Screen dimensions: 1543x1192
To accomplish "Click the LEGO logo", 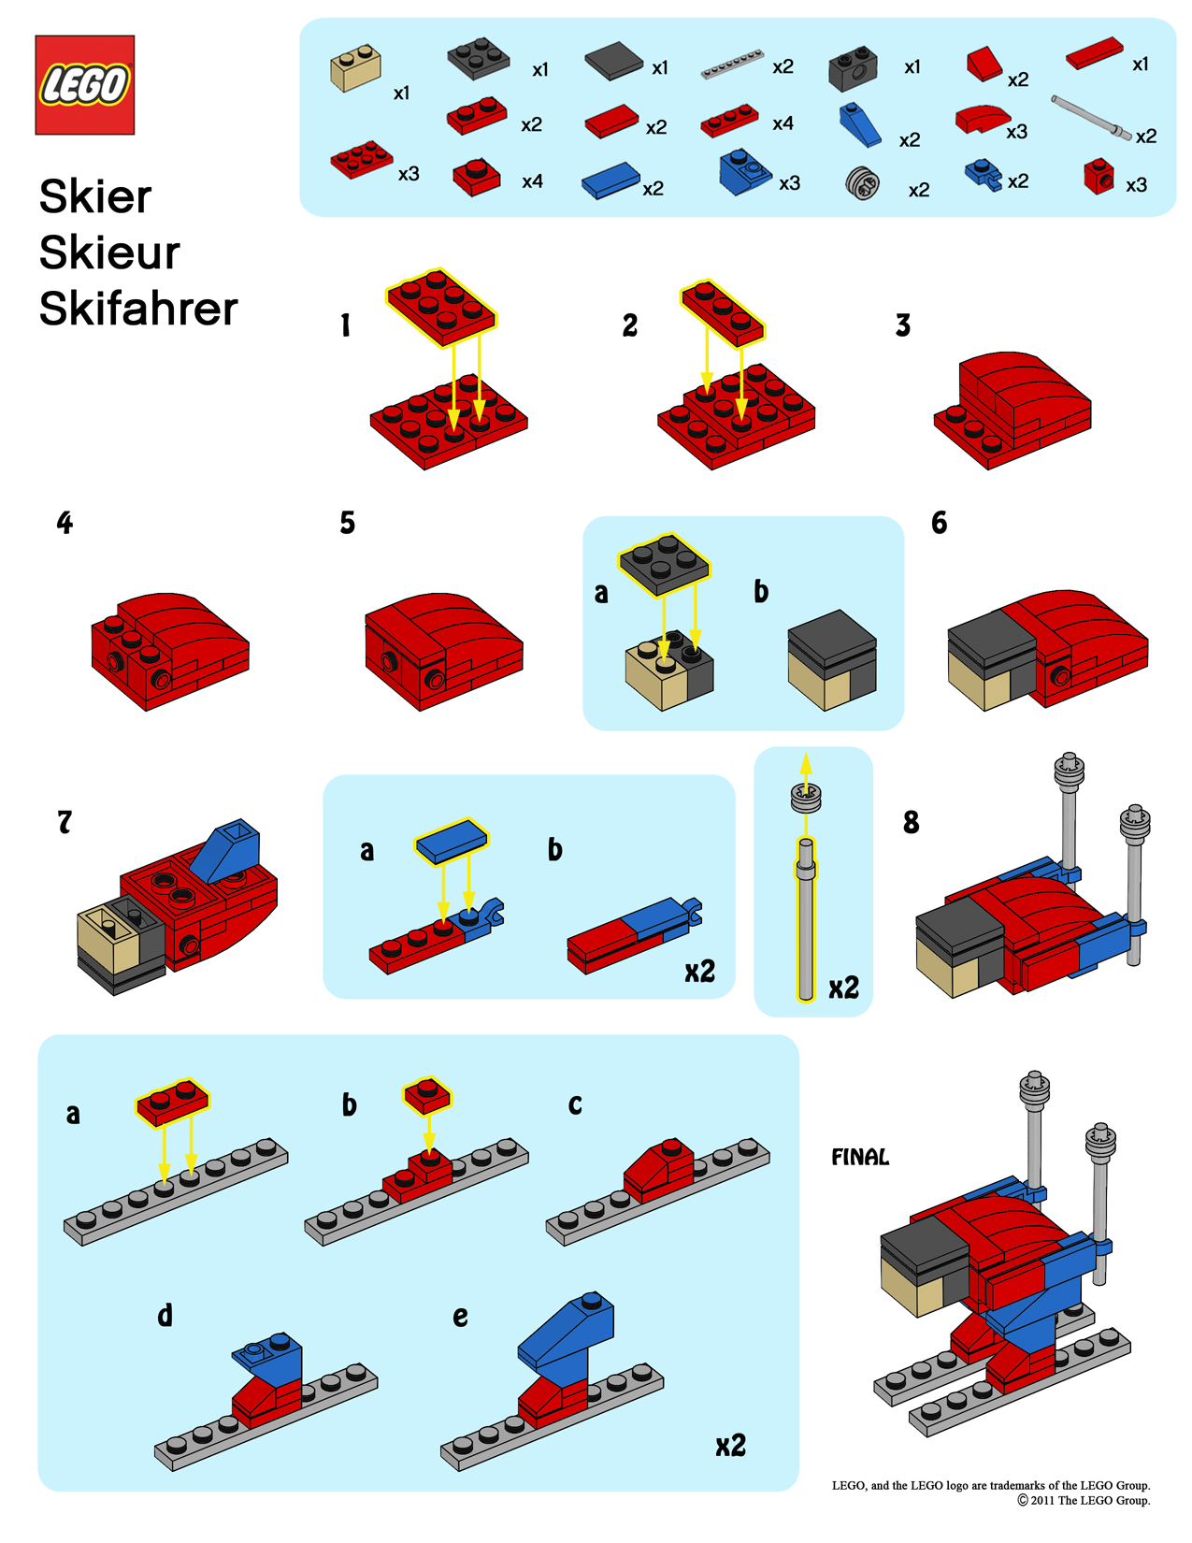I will (84, 85).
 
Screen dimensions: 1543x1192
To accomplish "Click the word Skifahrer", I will (138, 309).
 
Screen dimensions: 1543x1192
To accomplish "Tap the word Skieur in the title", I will (109, 252).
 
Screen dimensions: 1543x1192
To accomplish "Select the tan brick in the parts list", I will (355, 67).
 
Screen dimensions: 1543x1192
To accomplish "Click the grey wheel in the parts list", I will (862, 183).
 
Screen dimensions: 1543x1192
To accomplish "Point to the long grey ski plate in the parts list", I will (732, 66).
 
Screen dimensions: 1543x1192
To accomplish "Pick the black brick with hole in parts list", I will (852, 67).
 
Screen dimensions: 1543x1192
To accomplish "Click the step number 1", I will (345, 325).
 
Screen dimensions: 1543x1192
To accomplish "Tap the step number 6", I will (939, 523).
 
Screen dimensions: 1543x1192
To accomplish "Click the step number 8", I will (911, 823).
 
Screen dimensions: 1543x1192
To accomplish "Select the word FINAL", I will (860, 1158).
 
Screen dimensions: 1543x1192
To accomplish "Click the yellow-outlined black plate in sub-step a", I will (663, 564).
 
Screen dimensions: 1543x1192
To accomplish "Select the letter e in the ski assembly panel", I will (460, 1317).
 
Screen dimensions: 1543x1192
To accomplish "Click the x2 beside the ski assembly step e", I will (730, 1446).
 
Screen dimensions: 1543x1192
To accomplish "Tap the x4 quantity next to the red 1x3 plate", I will (783, 123).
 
